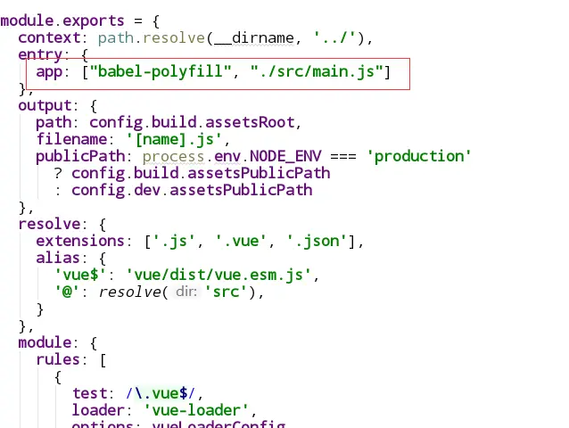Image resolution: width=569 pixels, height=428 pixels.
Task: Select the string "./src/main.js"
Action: click(317, 71)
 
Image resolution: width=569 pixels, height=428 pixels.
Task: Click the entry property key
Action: click(40, 54)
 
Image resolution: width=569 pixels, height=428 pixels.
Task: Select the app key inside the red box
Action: click(49, 71)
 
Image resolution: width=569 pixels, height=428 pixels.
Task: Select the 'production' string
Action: click(419, 156)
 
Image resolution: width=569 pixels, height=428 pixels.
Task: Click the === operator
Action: click(343, 156)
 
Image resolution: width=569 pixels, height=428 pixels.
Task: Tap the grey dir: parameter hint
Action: click(186, 292)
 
